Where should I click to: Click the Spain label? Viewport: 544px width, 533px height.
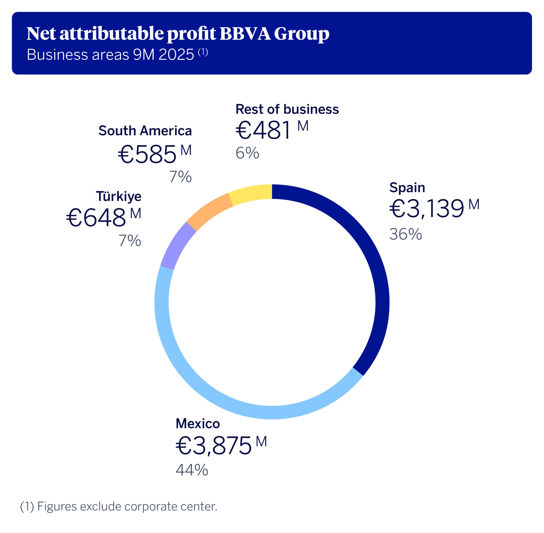(407, 188)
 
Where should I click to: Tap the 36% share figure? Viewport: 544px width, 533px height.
(405, 234)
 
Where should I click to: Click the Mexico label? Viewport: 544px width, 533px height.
(198, 424)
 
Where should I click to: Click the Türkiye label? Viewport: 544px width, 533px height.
(119, 196)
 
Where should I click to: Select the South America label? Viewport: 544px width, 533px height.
(145, 131)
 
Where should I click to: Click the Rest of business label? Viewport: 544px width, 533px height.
(287, 109)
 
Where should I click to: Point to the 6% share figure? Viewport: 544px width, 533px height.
(247, 153)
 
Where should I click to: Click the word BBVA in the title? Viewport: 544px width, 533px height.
(245, 34)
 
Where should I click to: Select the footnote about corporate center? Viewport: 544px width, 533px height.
(119, 506)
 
